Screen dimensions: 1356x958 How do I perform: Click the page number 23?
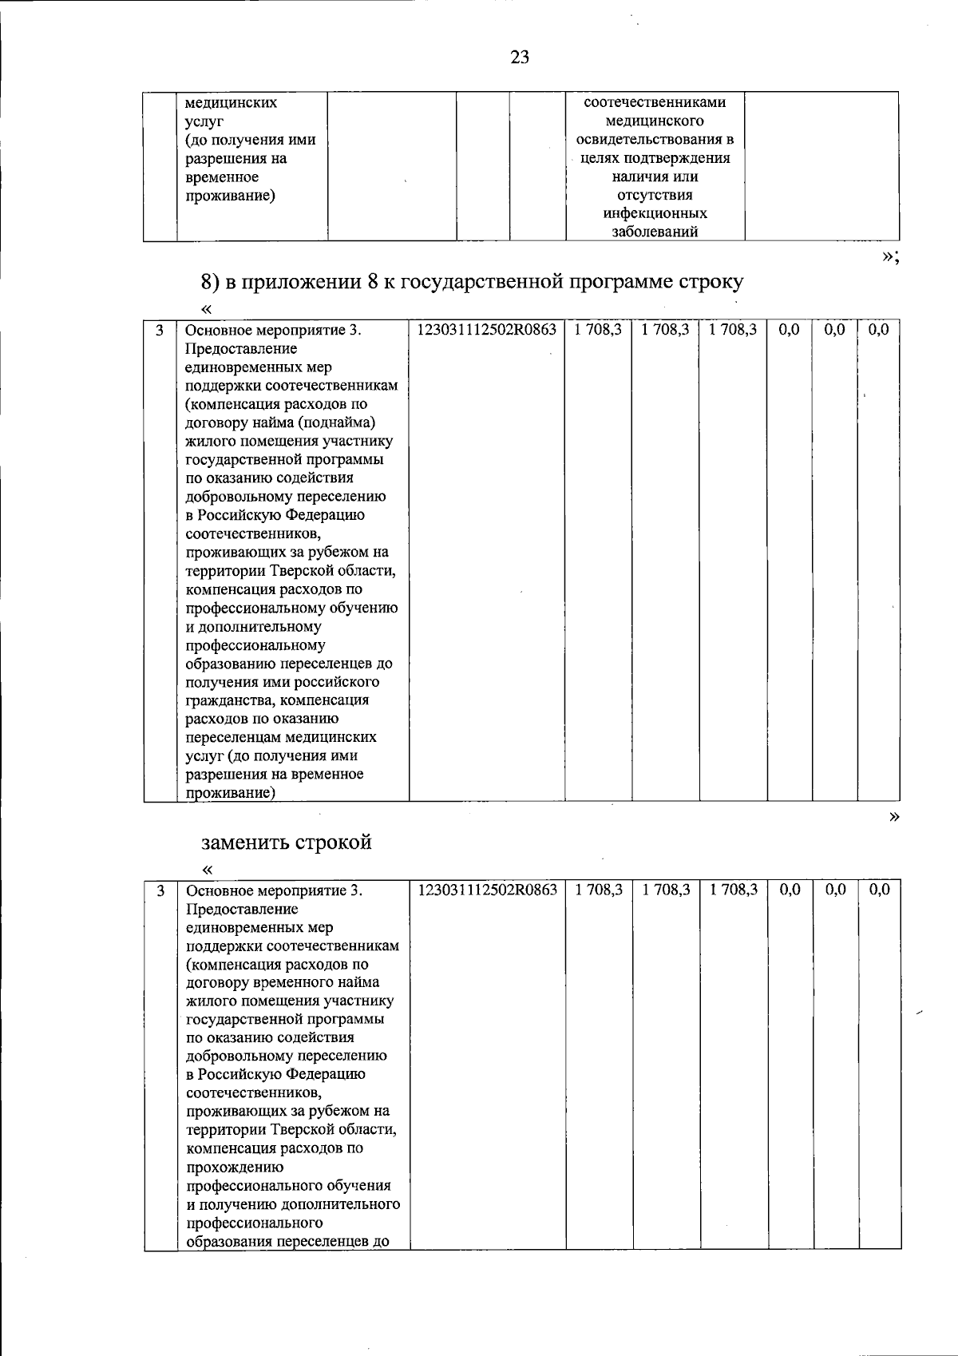tap(519, 57)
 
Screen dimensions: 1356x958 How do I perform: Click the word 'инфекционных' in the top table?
tap(655, 213)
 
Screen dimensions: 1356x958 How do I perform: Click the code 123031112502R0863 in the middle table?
tap(486, 329)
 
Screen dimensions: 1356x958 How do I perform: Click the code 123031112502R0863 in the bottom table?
tap(487, 890)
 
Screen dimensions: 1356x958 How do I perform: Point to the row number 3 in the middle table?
tap(160, 329)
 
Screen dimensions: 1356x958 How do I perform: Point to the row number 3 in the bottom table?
tap(160, 890)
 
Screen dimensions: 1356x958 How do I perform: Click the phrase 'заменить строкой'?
tap(286, 843)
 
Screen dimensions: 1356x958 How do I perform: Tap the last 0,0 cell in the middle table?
tap(878, 329)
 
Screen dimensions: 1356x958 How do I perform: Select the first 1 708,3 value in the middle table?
tap(598, 329)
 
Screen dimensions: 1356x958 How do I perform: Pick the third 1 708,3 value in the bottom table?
tap(734, 890)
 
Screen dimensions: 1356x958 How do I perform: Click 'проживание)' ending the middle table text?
tap(231, 793)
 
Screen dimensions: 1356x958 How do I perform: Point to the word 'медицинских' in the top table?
tap(232, 103)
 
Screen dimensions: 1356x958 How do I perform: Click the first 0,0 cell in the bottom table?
tap(789, 890)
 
